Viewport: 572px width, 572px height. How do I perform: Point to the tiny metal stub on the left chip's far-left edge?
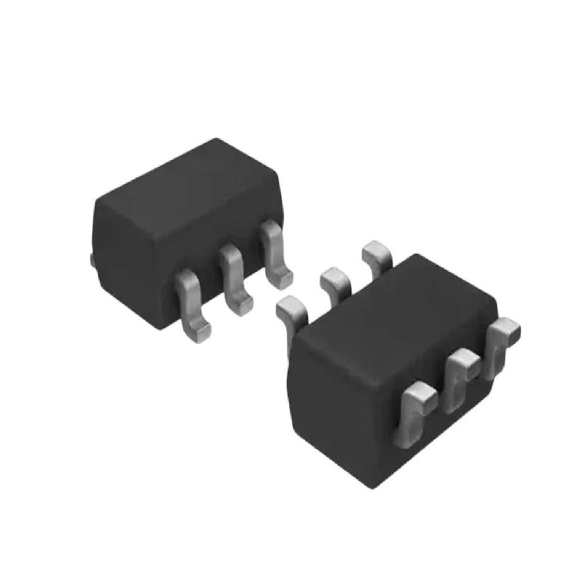(x=92, y=259)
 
